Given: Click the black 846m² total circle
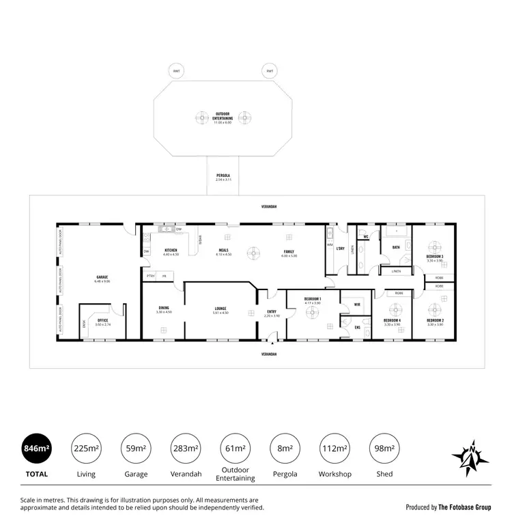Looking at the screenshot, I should coord(35,449).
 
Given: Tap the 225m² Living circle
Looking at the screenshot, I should coord(86,449).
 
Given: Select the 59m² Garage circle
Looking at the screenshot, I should coord(135,449).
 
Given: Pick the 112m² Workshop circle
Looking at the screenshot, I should coord(335,449).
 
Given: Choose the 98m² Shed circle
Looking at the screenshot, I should coord(384,449).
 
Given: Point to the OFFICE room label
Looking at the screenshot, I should coord(102,320).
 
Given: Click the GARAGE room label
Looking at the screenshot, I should coord(102,277).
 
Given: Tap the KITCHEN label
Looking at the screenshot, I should coord(171,250).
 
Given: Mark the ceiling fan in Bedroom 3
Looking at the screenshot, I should coord(435,245).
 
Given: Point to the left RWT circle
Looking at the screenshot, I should coord(176,71).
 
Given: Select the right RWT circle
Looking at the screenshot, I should coord(270,71).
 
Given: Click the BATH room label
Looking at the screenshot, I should coord(396,247).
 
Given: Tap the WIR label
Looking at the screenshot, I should coord(356,304).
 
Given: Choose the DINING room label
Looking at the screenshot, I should coord(162,308).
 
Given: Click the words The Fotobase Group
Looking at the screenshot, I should coord(464,507).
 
